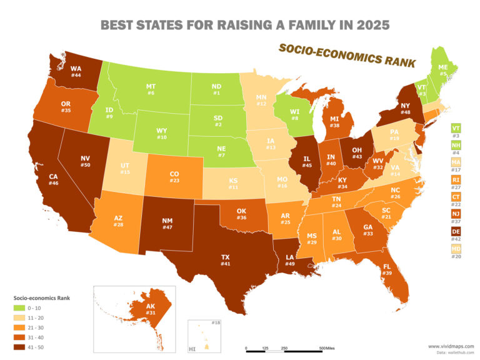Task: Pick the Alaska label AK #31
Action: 133,310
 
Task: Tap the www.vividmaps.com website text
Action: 450,346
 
